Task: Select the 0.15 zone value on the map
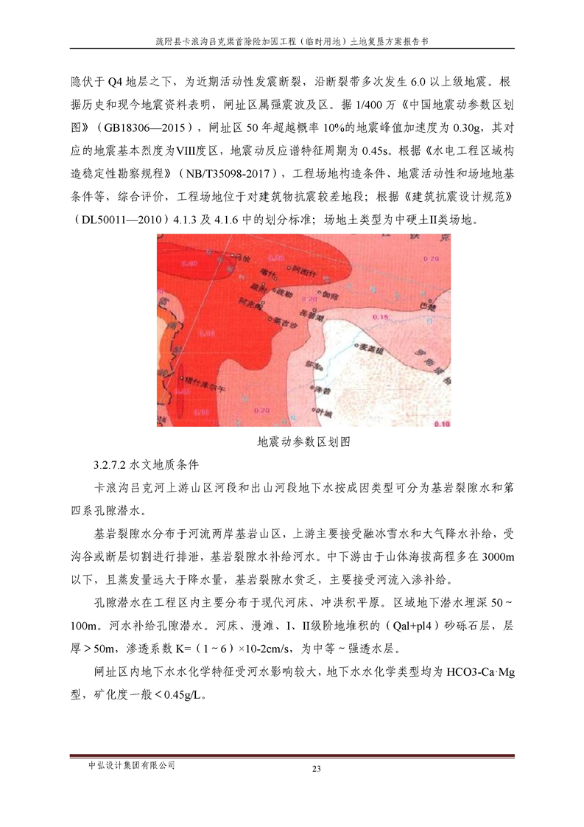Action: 381,316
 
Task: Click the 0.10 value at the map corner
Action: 442,423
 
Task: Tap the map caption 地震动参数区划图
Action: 303,442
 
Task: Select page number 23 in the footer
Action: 317,770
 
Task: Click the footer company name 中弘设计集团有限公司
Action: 131,766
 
